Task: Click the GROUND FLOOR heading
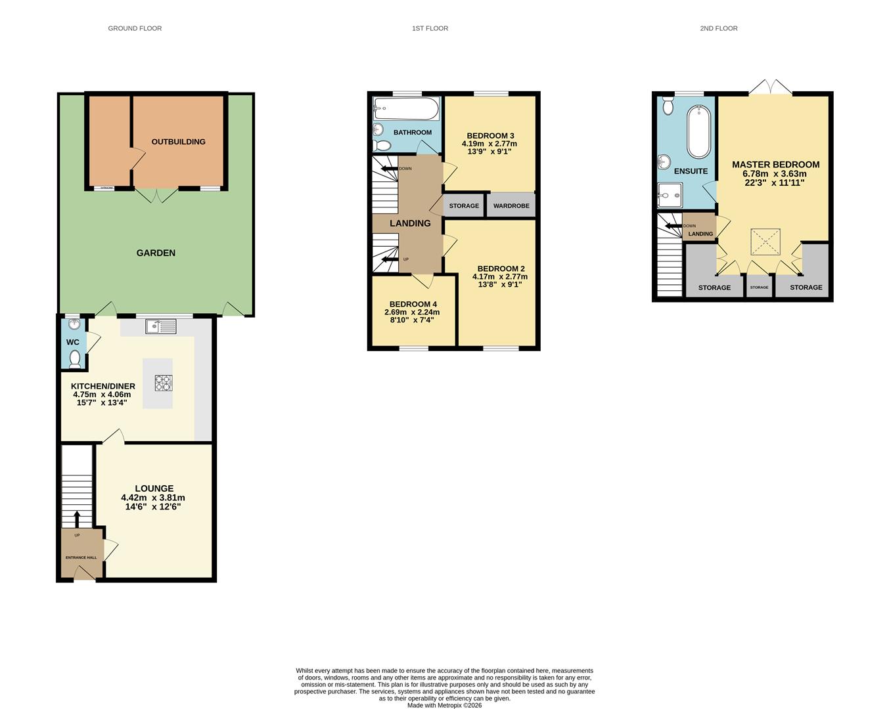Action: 135,28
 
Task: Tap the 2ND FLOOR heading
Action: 718,28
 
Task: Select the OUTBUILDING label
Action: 178,142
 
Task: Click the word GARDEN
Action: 156,253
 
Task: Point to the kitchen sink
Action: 161,326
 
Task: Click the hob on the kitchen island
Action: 164,383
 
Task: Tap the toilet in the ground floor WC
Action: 75,358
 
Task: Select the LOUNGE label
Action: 154,488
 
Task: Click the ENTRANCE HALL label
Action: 81,557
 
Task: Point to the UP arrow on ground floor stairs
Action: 77,519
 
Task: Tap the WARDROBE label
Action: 511,205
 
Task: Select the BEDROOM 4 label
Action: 413,304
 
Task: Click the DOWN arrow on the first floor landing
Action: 390,169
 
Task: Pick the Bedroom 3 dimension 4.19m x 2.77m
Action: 489,144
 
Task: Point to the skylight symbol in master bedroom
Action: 765,242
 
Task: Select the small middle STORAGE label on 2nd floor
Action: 759,288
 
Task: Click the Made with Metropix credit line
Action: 444,706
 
